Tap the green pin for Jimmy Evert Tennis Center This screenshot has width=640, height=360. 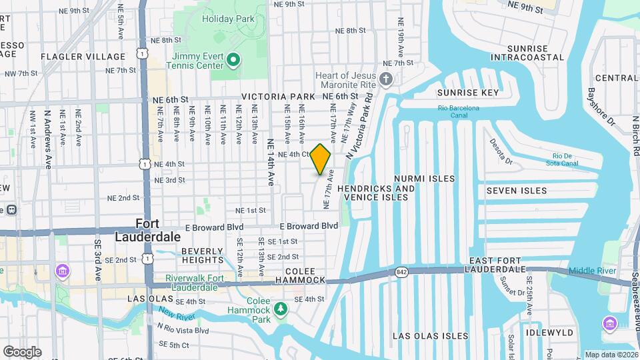point(233,61)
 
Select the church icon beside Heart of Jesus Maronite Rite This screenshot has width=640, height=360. point(385,80)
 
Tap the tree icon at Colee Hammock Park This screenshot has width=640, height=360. point(281,307)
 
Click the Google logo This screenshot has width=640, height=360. point(22,351)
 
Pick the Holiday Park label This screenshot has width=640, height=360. point(228,19)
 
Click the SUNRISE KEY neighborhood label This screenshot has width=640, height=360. point(467,93)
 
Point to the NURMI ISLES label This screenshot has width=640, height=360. point(424,179)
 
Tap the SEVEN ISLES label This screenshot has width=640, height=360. point(516,191)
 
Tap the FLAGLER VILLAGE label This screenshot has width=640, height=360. point(83,57)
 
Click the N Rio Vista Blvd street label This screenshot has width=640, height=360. point(183,330)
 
